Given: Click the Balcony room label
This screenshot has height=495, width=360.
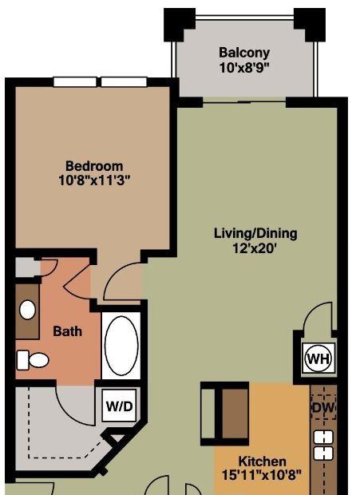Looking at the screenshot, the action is point(244,53).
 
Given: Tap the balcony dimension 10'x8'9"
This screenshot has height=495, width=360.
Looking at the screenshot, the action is point(245,68).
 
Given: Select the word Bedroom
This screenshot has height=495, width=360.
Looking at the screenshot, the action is point(94,166).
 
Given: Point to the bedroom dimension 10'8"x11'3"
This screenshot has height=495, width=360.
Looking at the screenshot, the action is point(94,180).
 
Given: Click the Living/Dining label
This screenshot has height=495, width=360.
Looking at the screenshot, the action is point(255,234).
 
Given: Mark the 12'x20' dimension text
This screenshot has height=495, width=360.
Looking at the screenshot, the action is point(255,249).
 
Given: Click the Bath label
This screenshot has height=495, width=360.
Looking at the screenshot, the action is point(68,331).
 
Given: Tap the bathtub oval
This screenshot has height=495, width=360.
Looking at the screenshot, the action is point(121,346).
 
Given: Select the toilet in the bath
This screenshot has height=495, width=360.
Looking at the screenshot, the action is point(33,360).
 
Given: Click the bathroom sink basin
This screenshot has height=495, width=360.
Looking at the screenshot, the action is point(27,310).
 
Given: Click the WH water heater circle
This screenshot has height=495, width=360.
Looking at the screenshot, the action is point(318,358).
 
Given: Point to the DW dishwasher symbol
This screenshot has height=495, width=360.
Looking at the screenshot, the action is point(323,407).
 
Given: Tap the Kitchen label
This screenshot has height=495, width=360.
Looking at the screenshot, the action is point(262,461).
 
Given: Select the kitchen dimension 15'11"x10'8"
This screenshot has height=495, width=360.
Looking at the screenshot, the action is point(262,474).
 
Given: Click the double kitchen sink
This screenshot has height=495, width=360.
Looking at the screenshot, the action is point(323,445).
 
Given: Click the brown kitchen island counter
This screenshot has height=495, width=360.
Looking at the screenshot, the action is point(235,414).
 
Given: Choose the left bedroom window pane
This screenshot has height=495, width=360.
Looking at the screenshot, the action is point(75,81).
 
